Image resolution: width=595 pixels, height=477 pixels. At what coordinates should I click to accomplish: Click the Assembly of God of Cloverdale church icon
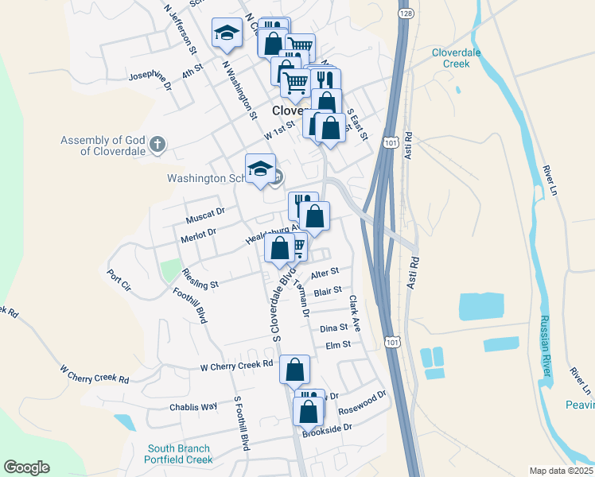coord(157,145)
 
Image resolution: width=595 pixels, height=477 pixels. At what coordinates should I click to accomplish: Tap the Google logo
coord(26,467)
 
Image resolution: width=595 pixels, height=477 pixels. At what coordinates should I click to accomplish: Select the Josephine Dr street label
coord(150,79)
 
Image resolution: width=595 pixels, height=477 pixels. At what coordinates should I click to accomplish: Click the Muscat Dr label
coord(206,213)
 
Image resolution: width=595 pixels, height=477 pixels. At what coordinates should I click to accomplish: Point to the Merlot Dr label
coord(199,234)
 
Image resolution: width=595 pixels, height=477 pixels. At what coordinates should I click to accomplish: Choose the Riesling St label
coord(200,278)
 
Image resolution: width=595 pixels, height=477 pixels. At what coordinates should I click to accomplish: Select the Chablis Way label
coord(193,406)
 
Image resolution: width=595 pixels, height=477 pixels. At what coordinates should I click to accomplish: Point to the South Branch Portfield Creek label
coord(179,453)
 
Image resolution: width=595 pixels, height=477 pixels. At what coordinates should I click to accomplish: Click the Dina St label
coord(333,328)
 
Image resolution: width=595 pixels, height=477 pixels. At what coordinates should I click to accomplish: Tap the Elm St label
coord(338,344)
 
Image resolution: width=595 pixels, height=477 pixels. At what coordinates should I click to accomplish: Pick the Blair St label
coord(328,292)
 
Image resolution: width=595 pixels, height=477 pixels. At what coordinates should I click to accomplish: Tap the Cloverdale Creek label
coord(457,57)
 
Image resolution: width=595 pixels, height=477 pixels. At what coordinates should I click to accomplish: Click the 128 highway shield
coord(406,14)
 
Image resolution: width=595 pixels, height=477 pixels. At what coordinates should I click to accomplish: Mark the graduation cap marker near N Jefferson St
coord(227,32)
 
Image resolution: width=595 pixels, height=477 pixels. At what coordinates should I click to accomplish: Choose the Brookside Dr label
coord(327,429)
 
